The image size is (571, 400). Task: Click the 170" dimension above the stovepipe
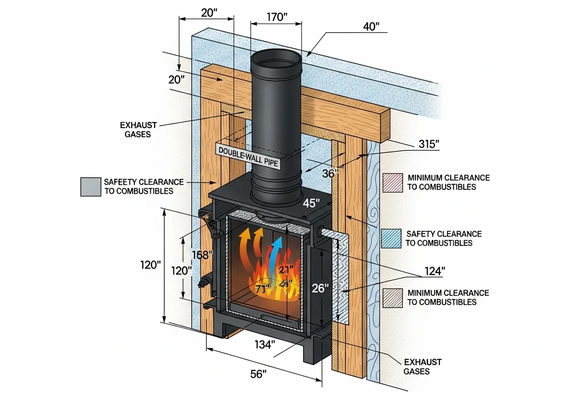277,17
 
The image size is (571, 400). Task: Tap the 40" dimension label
371,26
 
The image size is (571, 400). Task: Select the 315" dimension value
429,144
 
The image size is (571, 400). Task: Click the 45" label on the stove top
311,203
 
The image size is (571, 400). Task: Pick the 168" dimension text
202,255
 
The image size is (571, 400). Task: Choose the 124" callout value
434,271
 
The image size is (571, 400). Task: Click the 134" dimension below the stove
265,344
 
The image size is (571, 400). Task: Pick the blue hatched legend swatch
392,238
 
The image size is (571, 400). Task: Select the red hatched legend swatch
392,182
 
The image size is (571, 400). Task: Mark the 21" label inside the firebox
285,270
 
